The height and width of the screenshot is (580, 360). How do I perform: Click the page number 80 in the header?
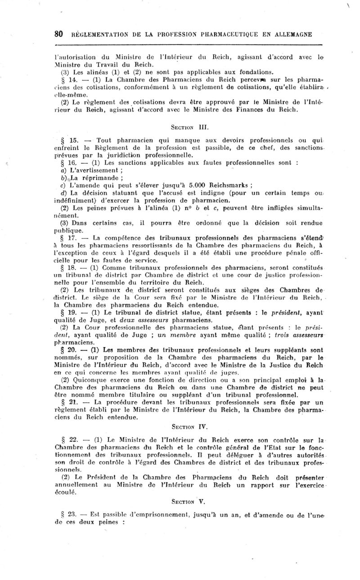58,35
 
